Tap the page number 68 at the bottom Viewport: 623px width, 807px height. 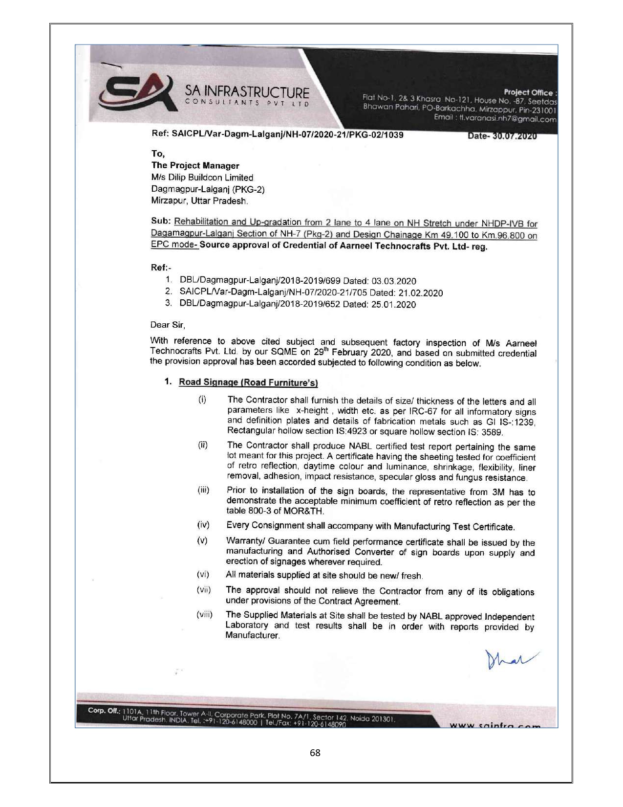coord(315,753)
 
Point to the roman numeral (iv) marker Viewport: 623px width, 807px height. coord(203,525)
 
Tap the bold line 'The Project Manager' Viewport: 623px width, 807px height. coord(195,166)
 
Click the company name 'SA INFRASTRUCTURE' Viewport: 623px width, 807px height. coord(247,91)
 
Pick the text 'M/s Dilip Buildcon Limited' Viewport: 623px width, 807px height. coord(202,178)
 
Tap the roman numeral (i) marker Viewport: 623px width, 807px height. coord(202,400)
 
